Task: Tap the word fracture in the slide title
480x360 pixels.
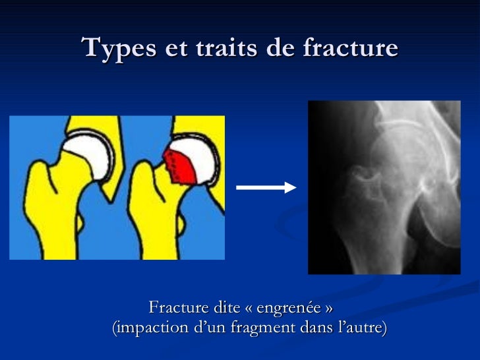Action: click(351, 49)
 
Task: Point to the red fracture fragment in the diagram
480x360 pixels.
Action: click(180, 166)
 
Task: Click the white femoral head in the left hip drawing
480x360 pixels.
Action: click(88, 152)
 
